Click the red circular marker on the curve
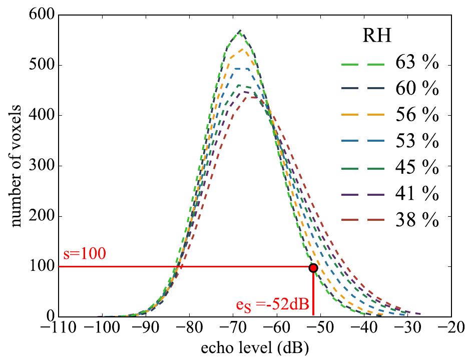point(313,268)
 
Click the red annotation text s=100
point(84,254)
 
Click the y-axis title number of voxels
point(16,166)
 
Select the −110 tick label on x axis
point(59,330)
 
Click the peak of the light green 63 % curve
point(241,31)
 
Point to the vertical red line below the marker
point(313,295)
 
